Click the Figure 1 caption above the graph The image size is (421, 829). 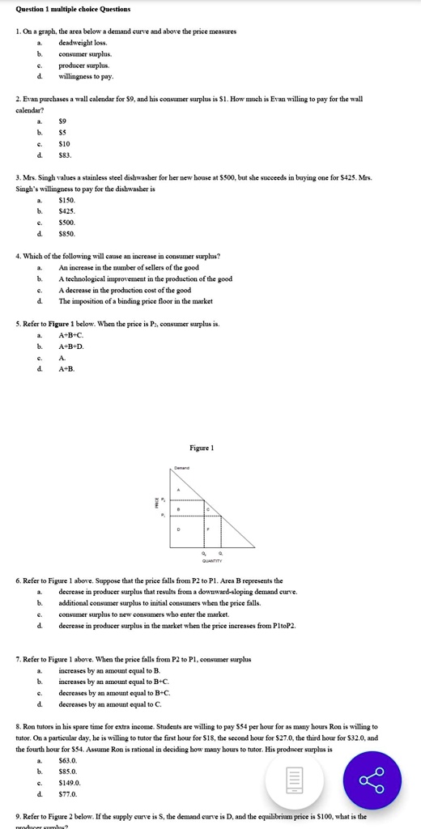tap(201, 448)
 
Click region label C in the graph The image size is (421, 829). tap(209, 508)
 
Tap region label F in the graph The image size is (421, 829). tap(209, 528)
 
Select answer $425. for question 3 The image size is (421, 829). tap(68, 210)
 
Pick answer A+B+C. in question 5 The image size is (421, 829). tap(71, 334)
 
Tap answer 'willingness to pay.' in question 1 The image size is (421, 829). tap(86, 77)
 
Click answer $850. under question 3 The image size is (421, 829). tap(68, 233)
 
